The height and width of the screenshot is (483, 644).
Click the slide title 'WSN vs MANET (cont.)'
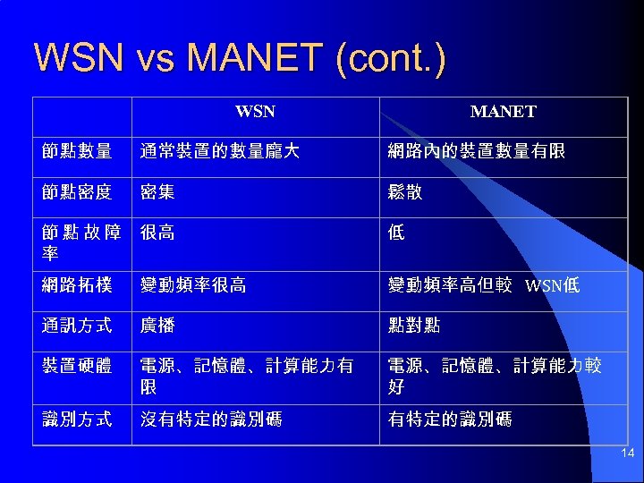click(x=239, y=58)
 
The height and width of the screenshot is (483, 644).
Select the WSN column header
click(x=255, y=113)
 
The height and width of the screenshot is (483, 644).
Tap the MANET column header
click(x=503, y=113)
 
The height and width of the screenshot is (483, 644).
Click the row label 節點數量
click(x=77, y=152)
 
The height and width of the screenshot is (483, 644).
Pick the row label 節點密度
click(x=77, y=192)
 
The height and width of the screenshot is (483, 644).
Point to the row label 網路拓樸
click(x=77, y=285)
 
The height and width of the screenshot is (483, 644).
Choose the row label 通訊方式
click(x=77, y=326)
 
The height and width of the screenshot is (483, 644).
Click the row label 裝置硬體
click(x=77, y=366)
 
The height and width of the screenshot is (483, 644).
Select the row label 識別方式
click(x=77, y=419)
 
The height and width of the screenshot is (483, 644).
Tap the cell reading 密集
click(x=157, y=192)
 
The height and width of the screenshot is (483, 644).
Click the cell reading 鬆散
click(x=405, y=192)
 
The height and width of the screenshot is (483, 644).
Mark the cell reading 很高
click(x=157, y=233)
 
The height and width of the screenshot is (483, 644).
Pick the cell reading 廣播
click(x=157, y=326)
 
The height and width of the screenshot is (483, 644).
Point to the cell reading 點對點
click(x=413, y=326)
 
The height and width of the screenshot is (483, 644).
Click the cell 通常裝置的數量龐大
click(x=219, y=152)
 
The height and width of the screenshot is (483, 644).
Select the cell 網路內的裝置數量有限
click(x=476, y=152)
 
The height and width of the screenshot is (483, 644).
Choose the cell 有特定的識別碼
click(x=450, y=419)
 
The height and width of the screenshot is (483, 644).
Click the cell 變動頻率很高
click(x=193, y=285)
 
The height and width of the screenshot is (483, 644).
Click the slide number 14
click(x=628, y=454)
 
